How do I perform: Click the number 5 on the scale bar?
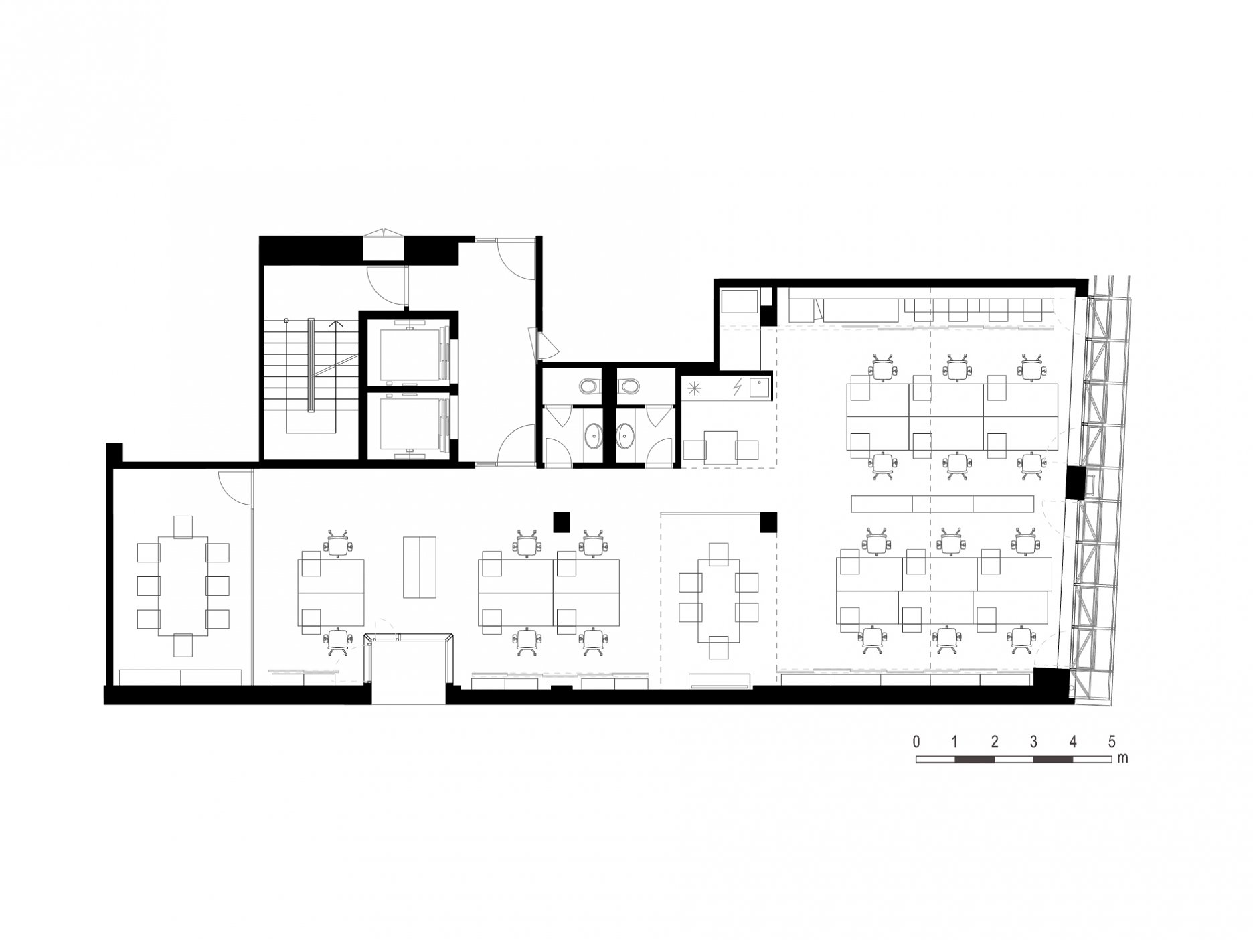click(1112, 742)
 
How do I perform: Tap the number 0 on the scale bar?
click(916, 742)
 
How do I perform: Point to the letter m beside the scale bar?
click(1122, 759)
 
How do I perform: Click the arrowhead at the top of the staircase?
click(335, 324)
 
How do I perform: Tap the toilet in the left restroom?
click(589, 386)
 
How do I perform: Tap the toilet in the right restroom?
click(629, 386)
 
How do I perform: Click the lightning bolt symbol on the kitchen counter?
click(738, 387)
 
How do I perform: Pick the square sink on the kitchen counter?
click(759, 386)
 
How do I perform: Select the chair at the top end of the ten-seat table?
click(183, 526)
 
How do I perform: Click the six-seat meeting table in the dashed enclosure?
click(719, 601)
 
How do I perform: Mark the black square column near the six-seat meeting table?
click(768, 522)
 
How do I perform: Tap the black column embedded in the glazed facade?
click(1075, 483)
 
